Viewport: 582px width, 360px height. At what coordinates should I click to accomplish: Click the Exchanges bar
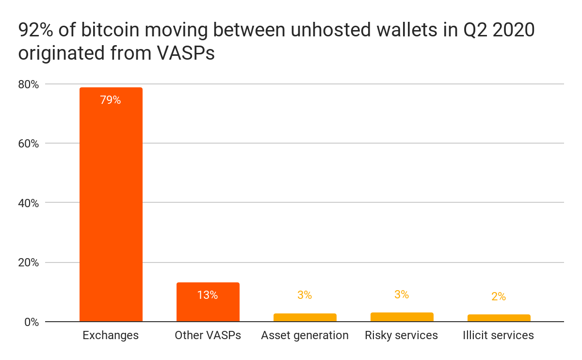pyautogui.click(x=111, y=204)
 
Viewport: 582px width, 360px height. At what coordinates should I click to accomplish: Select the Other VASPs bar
pyautogui.click(x=208, y=302)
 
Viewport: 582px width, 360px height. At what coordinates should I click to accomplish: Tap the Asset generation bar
pyautogui.click(x=305, y=317)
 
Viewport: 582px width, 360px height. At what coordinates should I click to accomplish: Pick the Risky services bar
pyautogui.click(x=402, y=317)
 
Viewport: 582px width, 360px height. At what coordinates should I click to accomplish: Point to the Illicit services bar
pyautogui.click(x=499, y=318)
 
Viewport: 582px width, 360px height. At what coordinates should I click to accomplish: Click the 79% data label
pyautogui.click(x=111, y=100)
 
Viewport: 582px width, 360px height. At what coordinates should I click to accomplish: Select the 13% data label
pyautogui.click(x=208, y=295)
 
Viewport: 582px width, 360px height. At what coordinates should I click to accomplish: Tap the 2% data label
pyautogui.click(x=499, y=296)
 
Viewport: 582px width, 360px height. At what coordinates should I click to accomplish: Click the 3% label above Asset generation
pyautogui.click(x=305, y=295)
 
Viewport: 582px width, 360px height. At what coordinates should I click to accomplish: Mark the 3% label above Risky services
pyautogui.click(x=402, y=295)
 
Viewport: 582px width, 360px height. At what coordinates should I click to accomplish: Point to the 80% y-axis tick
pyautogui.click(x=28, y=84)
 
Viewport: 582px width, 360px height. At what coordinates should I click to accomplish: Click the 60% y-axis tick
pyautogui.click(x=28, y=144)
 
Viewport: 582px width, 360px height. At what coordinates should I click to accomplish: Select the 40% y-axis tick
pyautogui.click(x=28, y=203)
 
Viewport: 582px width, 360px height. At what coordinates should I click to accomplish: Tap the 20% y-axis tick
pyautogui.click(x=28, y=262)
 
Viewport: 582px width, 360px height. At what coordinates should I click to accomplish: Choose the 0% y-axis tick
pyautogui.click(x=31, y=322)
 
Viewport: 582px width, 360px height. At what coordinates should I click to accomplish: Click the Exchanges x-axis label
pyautogui.click(x=111, y=335)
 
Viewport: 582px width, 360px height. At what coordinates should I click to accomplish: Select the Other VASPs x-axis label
pyautogui.click(x=208, y=335)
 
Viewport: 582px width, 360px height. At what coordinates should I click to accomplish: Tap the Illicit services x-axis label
pyautogui.click(x=499, y=335)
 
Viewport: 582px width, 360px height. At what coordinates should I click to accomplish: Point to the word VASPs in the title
pyautogui.click(x=186, y=53)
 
